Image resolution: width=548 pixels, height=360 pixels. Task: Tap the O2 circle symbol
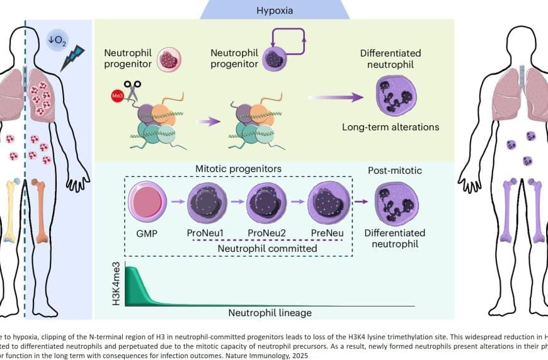(x=57, y=42)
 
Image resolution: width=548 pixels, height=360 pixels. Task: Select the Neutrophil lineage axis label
(x=270, y=312)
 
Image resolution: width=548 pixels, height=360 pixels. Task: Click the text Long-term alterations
(x=391, y=127)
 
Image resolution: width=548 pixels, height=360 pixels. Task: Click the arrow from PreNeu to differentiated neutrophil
(x=361, y=201)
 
